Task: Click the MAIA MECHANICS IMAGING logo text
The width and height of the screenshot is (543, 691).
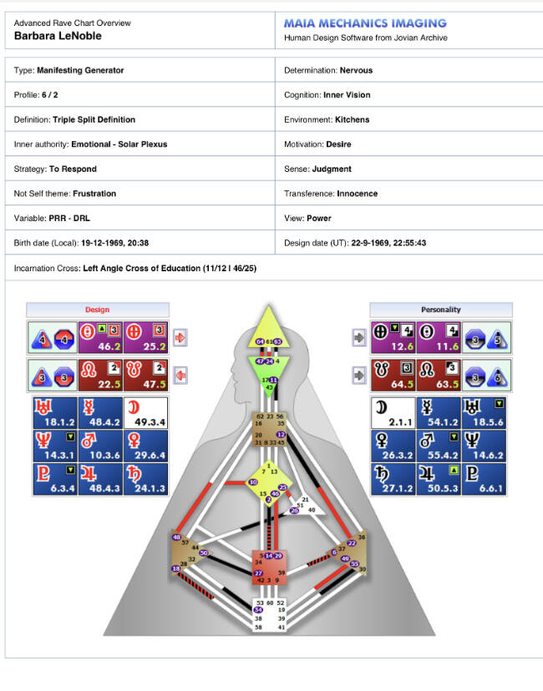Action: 365,23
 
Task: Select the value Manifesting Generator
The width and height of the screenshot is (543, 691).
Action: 80,70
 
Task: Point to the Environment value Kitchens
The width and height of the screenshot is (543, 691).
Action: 352,119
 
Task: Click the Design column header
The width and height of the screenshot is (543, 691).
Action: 98,310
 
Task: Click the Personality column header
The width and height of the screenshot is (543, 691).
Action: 440,310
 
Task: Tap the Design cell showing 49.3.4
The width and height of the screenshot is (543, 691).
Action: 145,414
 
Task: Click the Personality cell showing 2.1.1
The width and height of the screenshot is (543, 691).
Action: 393,414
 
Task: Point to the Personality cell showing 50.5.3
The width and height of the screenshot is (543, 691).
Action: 440,482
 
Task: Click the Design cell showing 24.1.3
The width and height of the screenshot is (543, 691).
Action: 145,482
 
